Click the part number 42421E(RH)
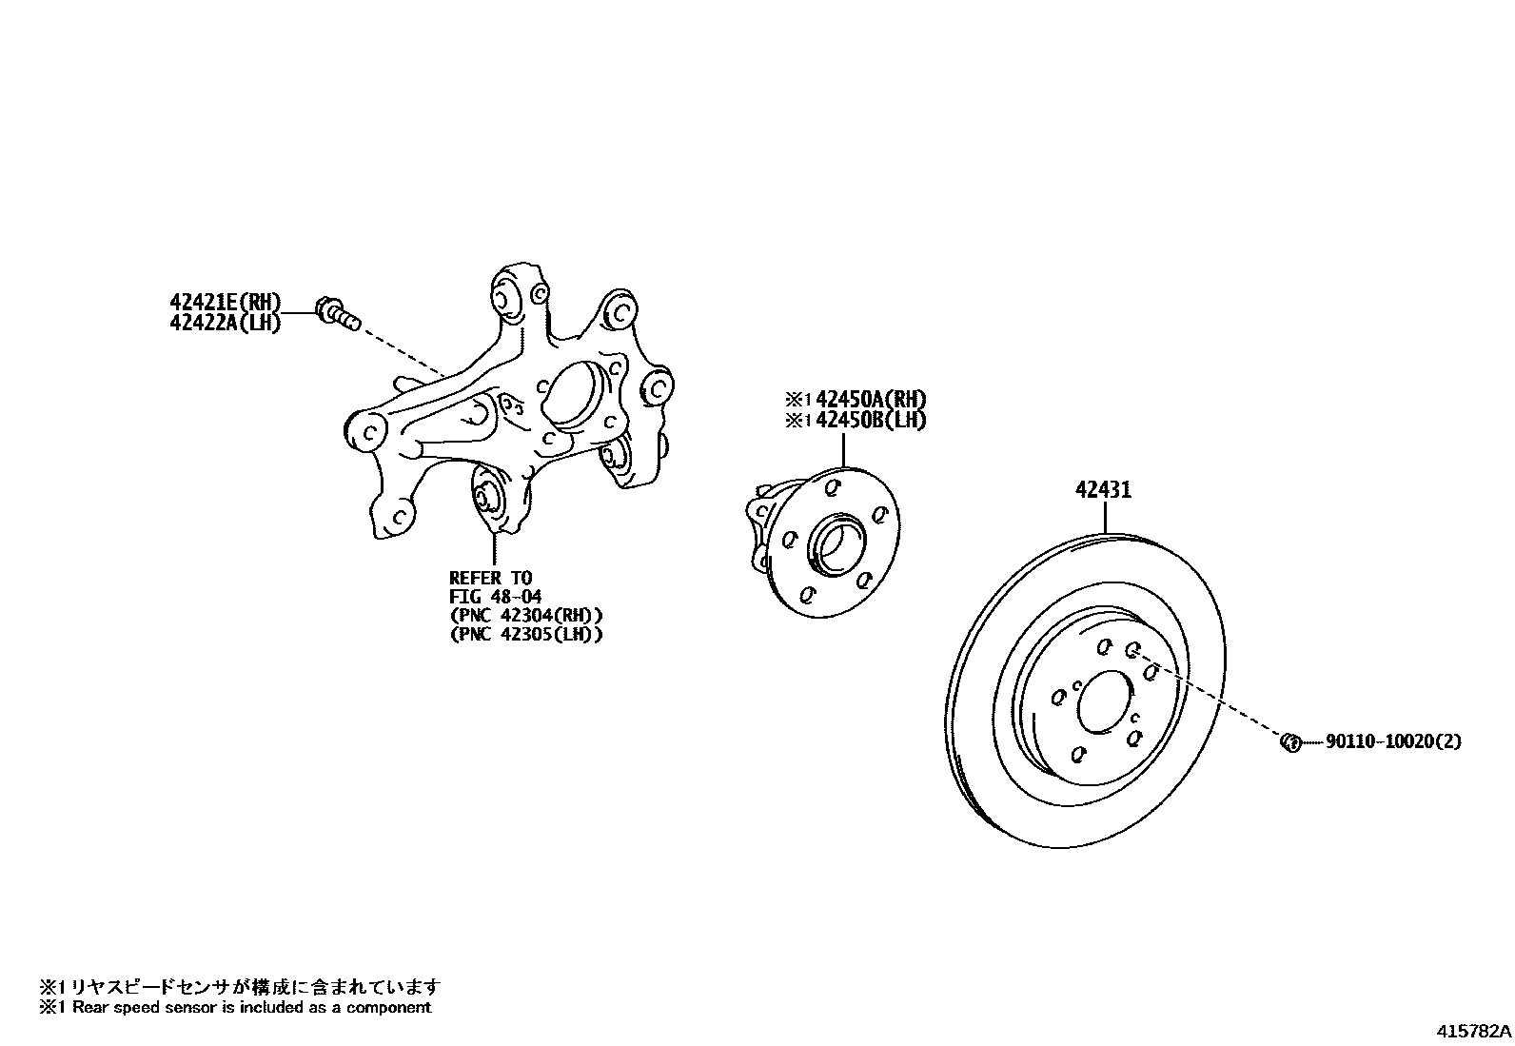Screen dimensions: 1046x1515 226,303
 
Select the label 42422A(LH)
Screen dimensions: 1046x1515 226,323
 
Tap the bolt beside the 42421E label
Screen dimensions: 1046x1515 338,313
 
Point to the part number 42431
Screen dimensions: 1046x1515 1104,490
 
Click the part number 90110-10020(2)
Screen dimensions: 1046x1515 1393,741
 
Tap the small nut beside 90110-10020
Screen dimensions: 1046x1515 1291,741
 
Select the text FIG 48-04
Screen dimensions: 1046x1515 495,597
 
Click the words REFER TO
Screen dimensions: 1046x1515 490,578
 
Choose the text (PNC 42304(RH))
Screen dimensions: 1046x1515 525,616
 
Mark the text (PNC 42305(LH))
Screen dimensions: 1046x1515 525,635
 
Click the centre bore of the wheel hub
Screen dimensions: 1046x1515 835,545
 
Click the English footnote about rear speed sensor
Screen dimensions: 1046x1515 235,1007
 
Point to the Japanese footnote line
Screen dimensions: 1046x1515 240,987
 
